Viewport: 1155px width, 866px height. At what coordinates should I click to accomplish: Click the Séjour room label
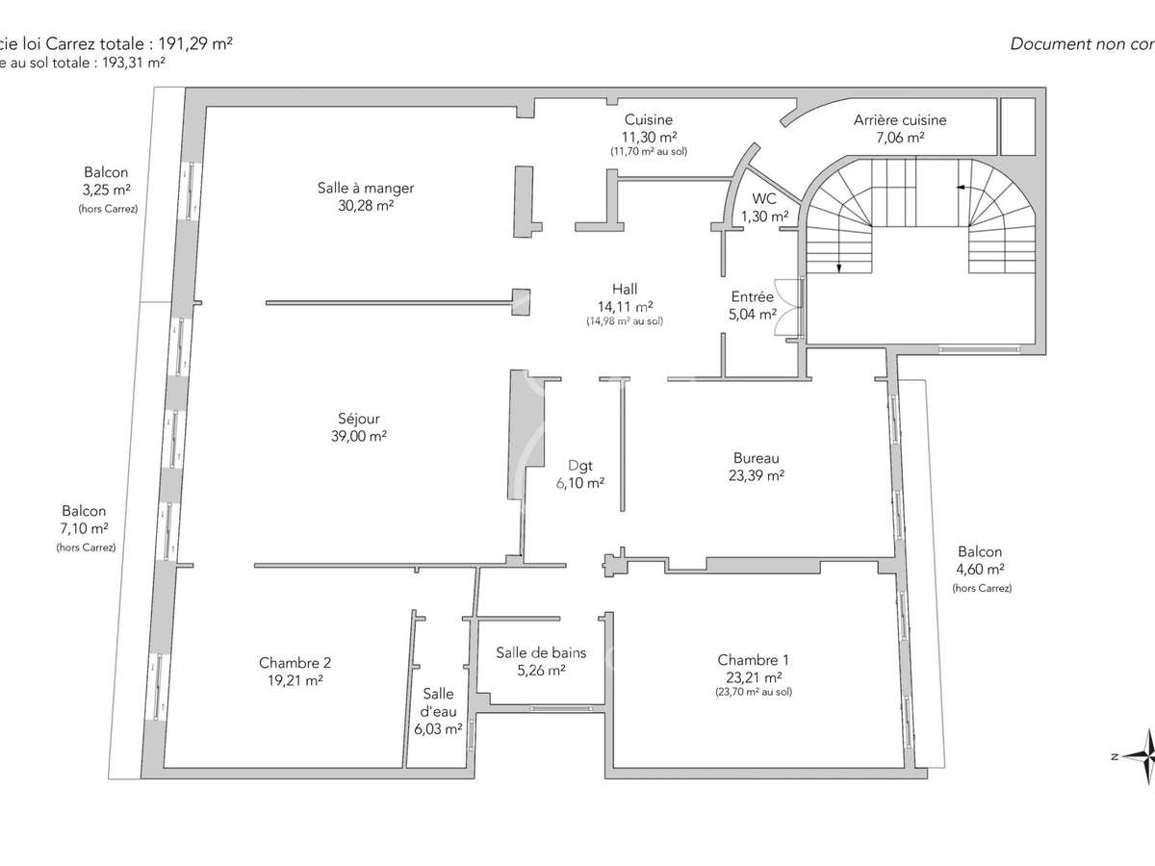tap(358, 419)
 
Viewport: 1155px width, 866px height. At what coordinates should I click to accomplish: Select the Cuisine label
tap(648, 120)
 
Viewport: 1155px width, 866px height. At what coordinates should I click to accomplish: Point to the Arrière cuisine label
tap(900, 120)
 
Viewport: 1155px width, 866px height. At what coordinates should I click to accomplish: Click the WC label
tap(765, 199)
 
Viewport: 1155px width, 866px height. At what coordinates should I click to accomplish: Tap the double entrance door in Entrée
tap(788, 307)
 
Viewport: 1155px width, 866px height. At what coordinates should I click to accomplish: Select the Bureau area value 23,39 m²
tap(756, 475)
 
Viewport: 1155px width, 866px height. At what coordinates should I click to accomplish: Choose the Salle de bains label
tap(541, 652)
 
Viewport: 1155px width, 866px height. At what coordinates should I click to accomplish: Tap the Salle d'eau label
tap(438, 703)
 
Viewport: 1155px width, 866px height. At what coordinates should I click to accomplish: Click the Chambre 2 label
tap(295, 663)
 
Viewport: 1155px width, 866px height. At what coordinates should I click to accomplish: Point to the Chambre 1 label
tap(753, 660)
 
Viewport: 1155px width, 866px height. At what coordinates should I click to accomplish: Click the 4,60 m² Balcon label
tap(980, 552)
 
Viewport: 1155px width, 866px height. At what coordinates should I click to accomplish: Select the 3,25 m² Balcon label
tap(107, 173)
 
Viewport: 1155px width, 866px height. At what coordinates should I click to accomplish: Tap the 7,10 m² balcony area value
tap(85, 529)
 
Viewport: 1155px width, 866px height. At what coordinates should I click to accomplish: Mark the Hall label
tap(625, 289)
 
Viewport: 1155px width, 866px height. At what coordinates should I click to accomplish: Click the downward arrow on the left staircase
tap(838, 267)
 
